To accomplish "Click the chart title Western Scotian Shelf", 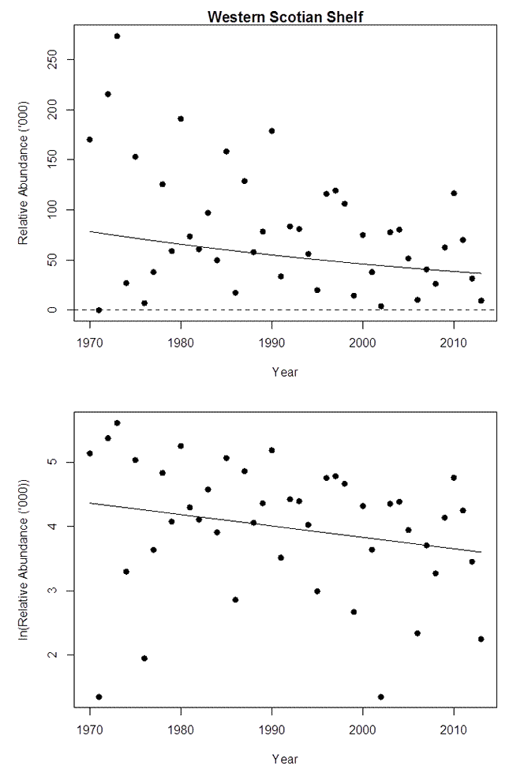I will tap(285, 17).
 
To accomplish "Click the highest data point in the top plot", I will tap(117, 36).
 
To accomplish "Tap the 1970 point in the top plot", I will tap(90, 140).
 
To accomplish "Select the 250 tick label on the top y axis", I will tap(50, 60).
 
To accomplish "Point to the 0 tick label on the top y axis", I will tap(50, 310).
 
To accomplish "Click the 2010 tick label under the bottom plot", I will tap(454, 731).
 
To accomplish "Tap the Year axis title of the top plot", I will tap(285, 371).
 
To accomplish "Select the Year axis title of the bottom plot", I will tap(285, 759).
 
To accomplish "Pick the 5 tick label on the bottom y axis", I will tap(50, 462).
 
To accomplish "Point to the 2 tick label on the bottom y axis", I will tap(50, 655).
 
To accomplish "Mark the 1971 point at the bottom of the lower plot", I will tap(99, 697).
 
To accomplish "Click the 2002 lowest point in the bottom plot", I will tap(381, 697).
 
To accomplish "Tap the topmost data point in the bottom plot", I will tap(117, 423).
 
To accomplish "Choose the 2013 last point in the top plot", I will tap(481, 301).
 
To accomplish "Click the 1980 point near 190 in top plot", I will tap(181, 119).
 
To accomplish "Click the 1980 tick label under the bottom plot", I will tap(181, 731).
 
